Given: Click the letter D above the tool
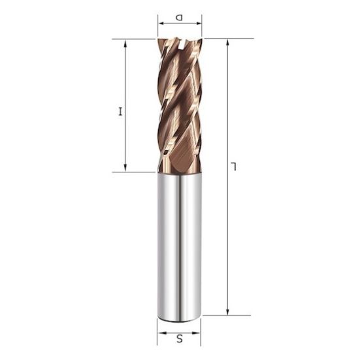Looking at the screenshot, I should coord(180,18).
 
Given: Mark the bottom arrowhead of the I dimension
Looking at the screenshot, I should coord(125,169).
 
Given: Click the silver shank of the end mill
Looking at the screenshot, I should coord(180,248).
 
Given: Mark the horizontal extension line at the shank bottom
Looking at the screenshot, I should coord(225,316).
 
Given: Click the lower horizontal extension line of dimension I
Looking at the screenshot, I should coord(134,172).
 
